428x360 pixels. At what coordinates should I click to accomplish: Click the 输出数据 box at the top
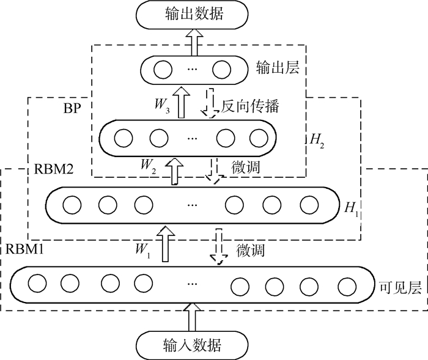tap(193, 14)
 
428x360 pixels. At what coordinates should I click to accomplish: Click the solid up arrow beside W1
tap(164, 243)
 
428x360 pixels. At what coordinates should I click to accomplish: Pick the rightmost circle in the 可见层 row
tap(347, 285)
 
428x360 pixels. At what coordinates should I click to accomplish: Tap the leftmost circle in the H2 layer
tap(124, 138)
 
